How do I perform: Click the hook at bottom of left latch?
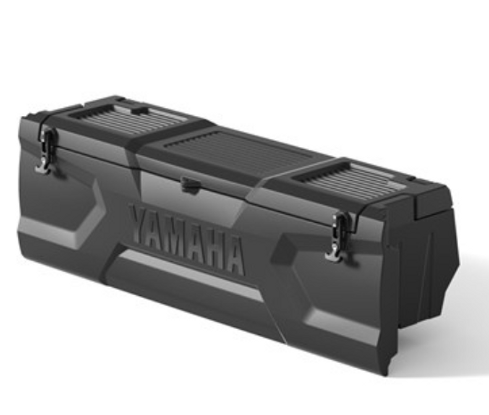[x=43, y=168]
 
